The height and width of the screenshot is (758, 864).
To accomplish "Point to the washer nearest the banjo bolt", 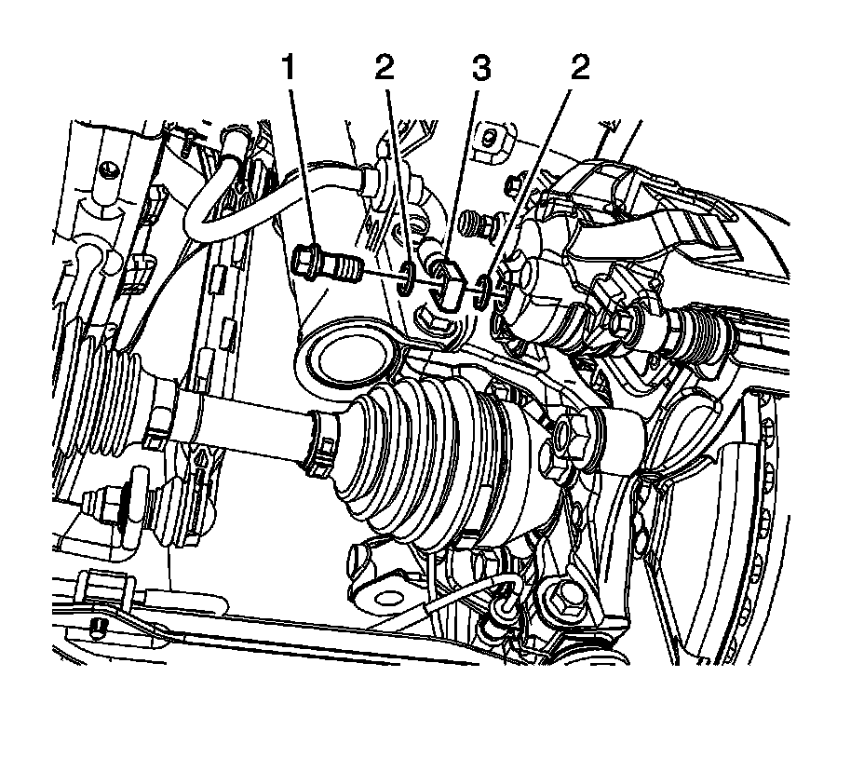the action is pos(407,278).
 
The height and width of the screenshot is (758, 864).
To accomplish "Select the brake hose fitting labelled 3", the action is pos(447,284).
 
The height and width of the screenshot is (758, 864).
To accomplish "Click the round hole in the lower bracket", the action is pos(378,596).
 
